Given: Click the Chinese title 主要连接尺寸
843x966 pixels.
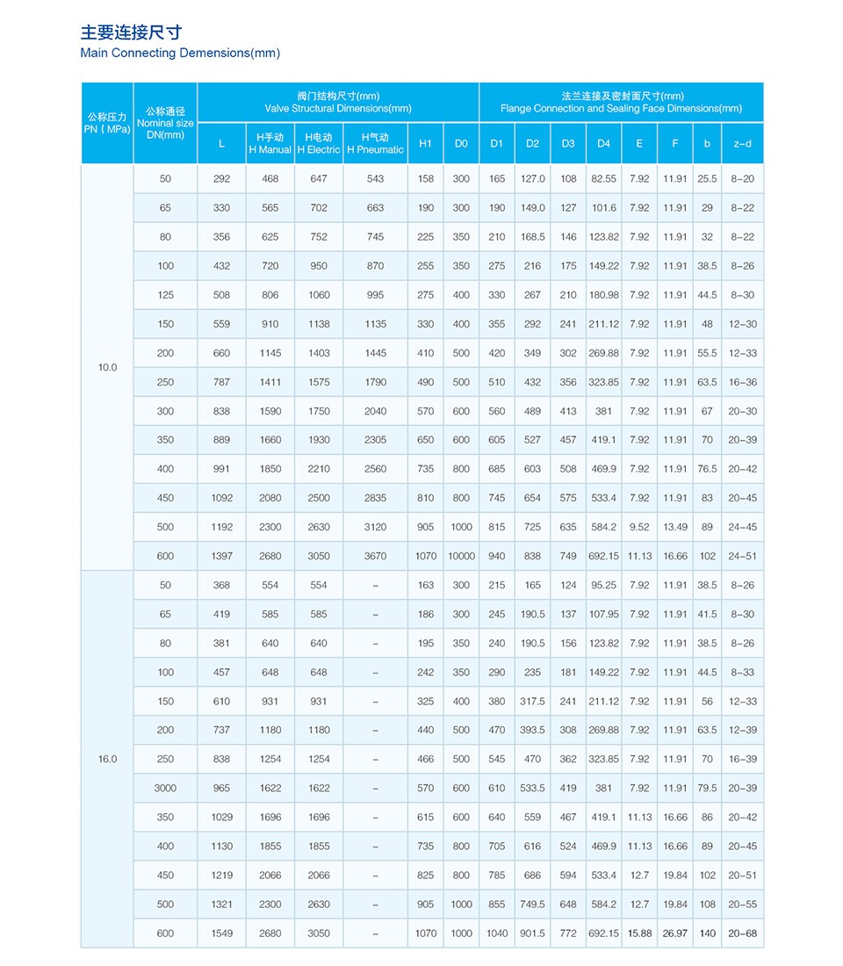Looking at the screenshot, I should [x=131, y=32].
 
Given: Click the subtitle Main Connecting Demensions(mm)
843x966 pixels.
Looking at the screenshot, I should [x=180, y=53].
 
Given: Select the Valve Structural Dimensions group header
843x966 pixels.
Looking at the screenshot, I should [x=338, y=102].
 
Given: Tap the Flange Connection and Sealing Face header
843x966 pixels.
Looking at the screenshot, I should [x=621, y=102].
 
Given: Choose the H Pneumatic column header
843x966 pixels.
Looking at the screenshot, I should [x=375, y=143].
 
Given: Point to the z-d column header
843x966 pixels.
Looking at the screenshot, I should [x=741, y=143].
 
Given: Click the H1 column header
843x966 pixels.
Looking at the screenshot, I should [x=425, y=143].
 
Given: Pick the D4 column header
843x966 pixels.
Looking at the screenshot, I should [x=603, y=143].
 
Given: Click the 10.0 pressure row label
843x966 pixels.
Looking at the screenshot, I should [x=107, y=367].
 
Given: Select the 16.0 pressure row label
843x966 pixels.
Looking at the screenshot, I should [x=107, y=759].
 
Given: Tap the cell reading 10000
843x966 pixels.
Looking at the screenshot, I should [x=461, y=556].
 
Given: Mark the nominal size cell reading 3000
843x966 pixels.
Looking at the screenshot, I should [x=165, y=788].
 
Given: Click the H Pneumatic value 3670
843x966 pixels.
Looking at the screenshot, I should [x=375, y=556].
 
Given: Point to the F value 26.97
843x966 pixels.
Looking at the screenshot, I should [x=675, y=934].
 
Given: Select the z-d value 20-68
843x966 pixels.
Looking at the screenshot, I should [x=742, y=934].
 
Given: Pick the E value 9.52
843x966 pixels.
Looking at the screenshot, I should [x=639, y=527].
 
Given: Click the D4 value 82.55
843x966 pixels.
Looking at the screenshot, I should [x=603, y=179].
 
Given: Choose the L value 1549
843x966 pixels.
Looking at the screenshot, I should [x=221, y=934].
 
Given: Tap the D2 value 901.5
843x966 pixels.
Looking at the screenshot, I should [x=532, y=934].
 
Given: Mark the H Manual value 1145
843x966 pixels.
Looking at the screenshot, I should [x=270, y=353].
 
